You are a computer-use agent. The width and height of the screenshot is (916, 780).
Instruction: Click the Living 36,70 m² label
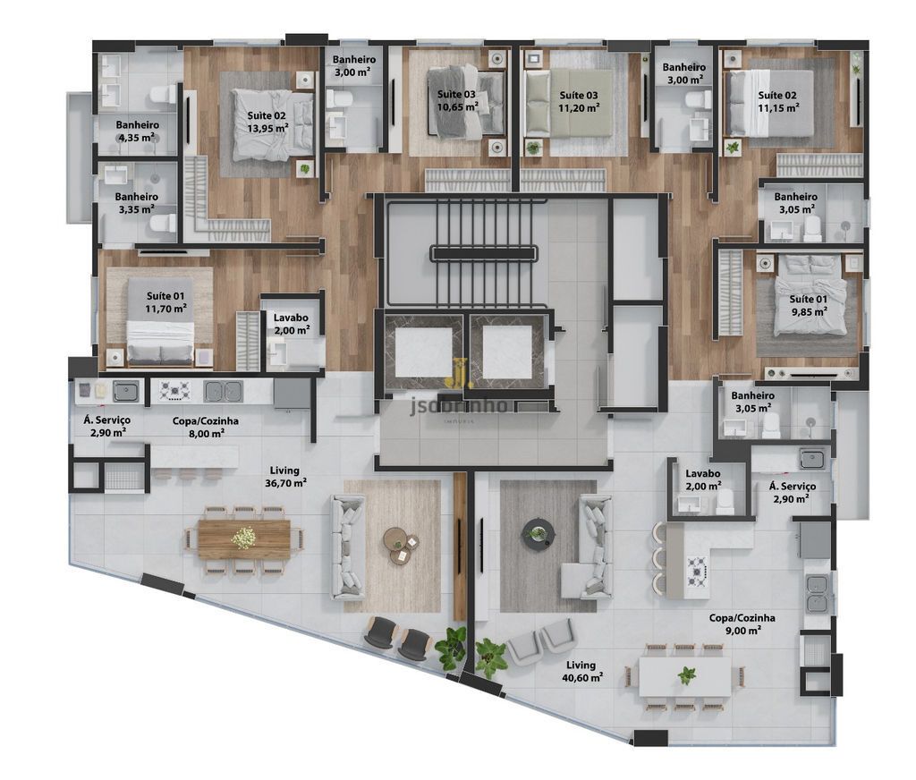point(285,476)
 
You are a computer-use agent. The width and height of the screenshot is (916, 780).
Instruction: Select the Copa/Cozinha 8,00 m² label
point(206,427)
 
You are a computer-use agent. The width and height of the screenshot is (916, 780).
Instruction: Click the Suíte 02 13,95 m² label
point(267,122)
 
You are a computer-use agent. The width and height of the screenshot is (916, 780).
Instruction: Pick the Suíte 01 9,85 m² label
point(809,305)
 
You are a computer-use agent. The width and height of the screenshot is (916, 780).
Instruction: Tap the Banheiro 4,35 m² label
point(137,131)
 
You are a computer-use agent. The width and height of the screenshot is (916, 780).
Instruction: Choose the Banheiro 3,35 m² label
point(137,203)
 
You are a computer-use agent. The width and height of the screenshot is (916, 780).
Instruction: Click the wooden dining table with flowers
point(244,538)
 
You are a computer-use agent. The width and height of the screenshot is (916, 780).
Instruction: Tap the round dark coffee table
point(537,533)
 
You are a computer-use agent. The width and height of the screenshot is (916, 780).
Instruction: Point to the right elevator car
point(507,352)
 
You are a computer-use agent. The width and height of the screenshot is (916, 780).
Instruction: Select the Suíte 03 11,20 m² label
point(579,101)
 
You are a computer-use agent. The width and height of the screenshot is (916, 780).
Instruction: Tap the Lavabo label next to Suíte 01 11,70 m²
point(291,318)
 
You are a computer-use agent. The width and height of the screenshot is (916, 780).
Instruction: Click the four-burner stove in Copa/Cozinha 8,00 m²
point(175,390)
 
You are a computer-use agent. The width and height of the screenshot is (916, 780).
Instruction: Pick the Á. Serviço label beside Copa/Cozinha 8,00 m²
point(106,420)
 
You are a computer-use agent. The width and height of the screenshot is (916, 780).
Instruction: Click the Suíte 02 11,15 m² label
point(777,101)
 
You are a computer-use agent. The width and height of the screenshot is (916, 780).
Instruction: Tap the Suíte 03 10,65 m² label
point(457,100)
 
